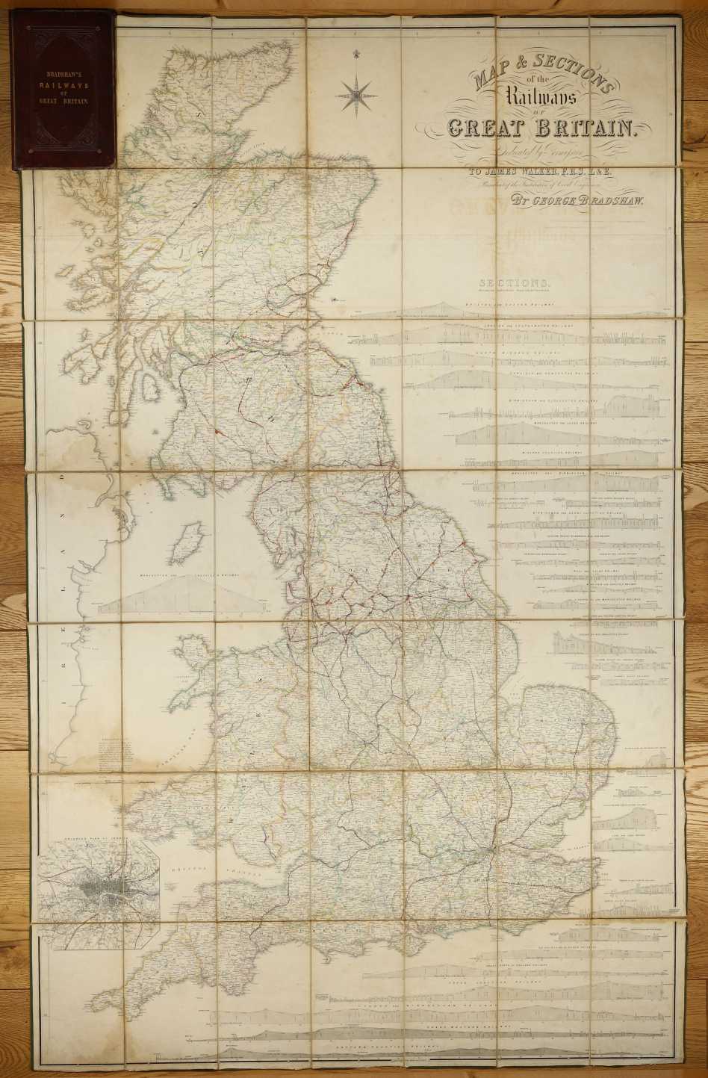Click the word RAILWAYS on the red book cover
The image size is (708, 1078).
click(63, 85)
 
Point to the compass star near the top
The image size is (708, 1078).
click(356, 94)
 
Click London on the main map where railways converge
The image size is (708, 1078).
click(489, 852)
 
